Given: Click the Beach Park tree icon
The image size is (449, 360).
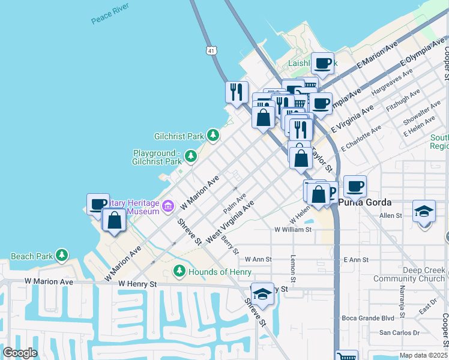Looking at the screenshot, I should coord(62,256).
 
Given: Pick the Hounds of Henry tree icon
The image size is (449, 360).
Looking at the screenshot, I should coord(179,272).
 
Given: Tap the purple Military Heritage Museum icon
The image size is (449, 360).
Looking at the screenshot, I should coord(167,207).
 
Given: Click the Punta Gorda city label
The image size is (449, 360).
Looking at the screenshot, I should coord(365,202).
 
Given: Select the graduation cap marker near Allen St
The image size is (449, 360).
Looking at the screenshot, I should coord(424,211).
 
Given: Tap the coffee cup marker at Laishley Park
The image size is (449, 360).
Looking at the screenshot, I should coord(322,62).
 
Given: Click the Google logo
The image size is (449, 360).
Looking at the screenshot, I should coord(20,353).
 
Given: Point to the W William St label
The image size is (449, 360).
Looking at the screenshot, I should coord(294,229).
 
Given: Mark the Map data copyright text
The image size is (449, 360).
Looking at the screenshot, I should coord(423,355).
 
